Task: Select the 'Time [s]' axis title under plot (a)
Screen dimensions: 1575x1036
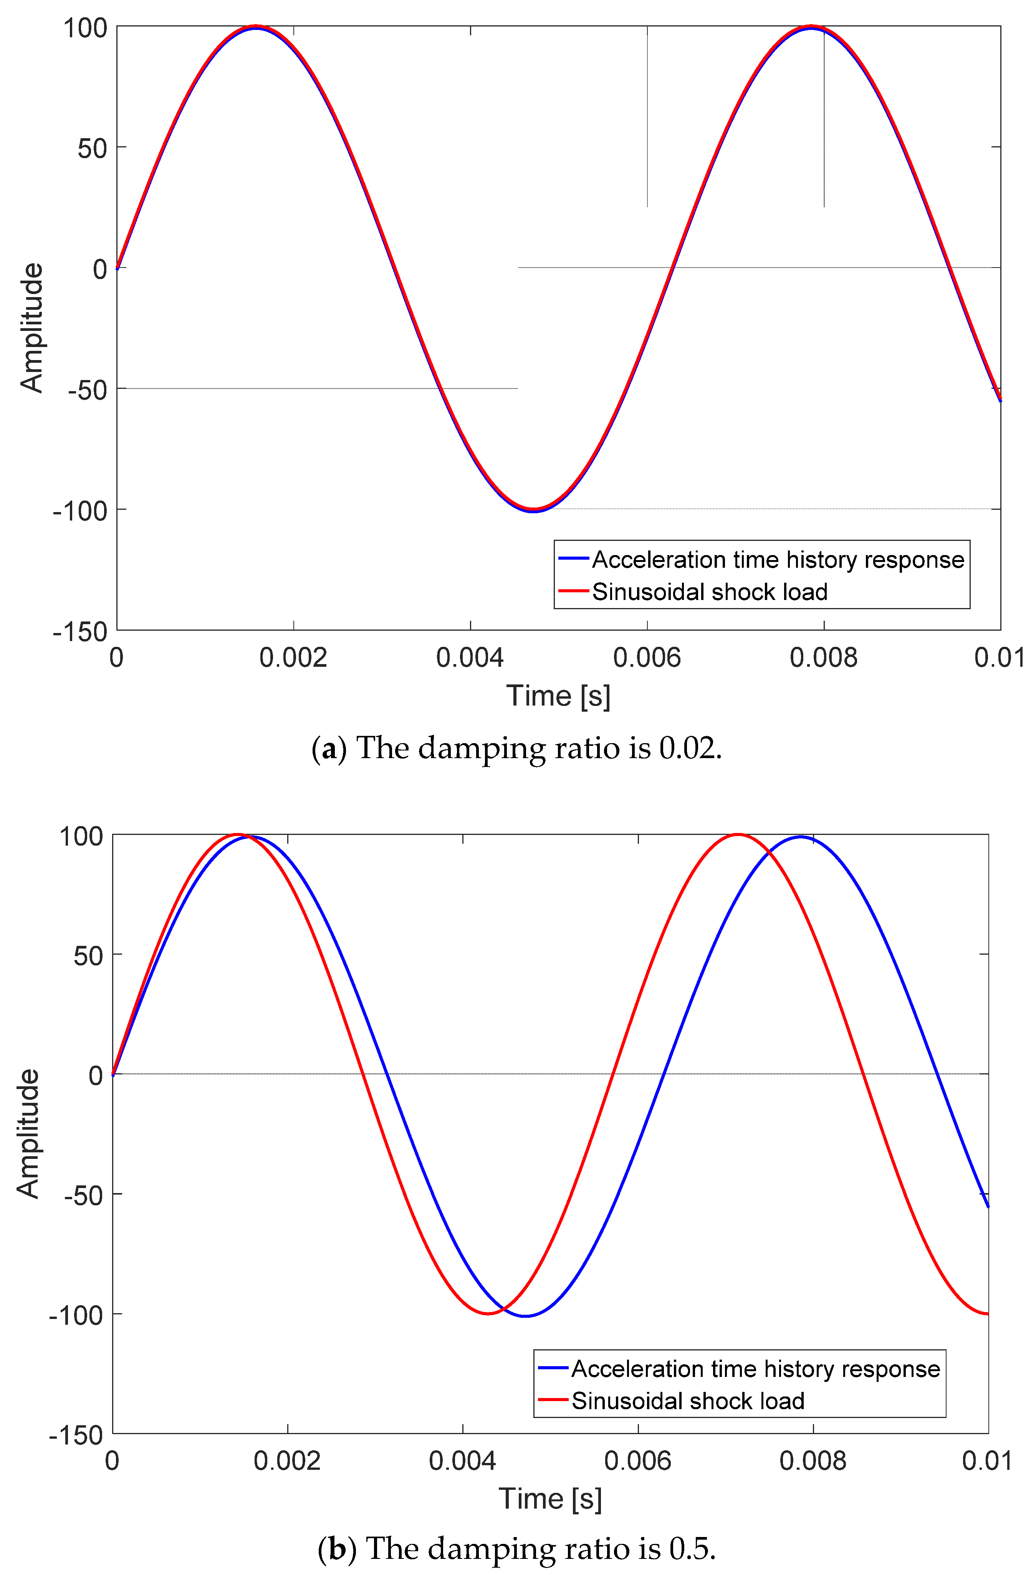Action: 558,697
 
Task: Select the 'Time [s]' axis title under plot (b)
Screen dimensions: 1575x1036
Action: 550,1499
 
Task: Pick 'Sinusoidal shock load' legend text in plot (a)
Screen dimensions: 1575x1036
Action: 710,592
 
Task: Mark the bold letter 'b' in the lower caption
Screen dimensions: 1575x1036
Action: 337,1549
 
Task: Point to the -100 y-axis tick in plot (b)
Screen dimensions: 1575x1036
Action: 76,1315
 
